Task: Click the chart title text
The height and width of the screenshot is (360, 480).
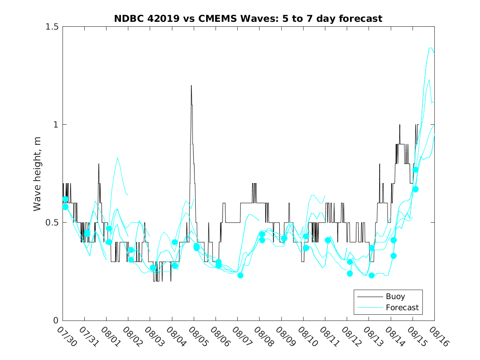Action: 248,19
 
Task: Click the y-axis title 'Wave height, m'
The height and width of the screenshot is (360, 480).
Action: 37,174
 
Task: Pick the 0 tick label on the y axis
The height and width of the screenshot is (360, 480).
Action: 56,321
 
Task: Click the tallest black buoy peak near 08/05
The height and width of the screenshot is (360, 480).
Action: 191,86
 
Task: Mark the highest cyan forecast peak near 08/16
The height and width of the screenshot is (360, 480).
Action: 431,48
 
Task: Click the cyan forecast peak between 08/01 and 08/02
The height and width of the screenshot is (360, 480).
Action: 118,158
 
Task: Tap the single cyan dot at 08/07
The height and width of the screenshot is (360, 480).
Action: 241,275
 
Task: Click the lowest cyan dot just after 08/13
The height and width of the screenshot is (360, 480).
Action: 371,275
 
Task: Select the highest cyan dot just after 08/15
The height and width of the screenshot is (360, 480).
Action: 415,170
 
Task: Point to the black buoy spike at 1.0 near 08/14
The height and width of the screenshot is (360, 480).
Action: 399,125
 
